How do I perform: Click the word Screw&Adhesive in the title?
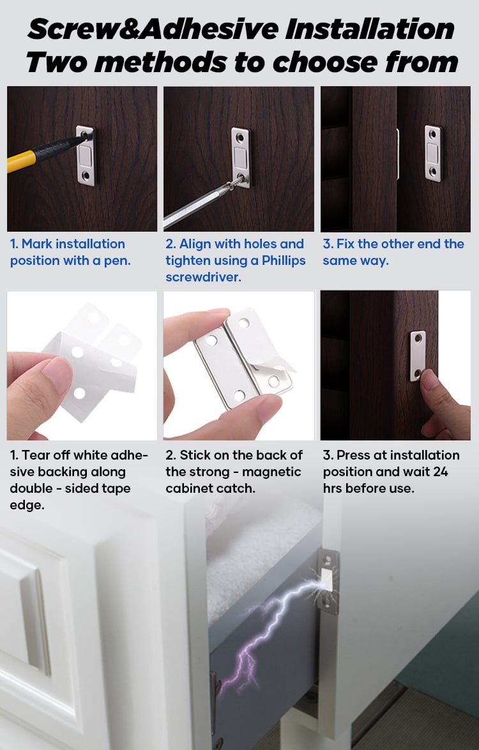point(153,29)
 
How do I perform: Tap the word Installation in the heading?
point(369,29)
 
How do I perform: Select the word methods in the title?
point(160,62)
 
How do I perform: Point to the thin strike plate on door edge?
point(398,154)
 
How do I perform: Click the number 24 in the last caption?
point(440,472)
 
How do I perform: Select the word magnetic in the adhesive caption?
point(271,472)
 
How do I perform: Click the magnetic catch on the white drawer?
point(328,581)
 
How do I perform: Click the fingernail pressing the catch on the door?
point(429,380)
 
